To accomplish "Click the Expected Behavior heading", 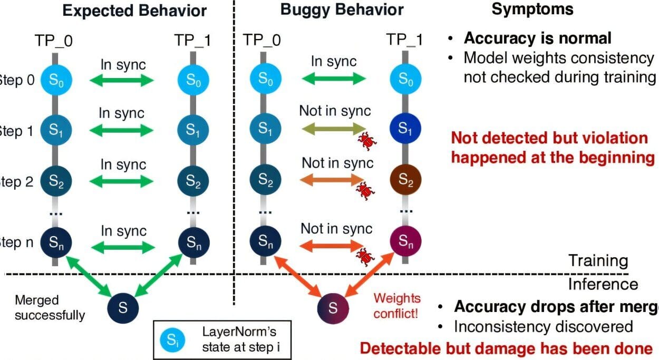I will (x=135, y=10).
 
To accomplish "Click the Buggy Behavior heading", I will (x=342, y=10).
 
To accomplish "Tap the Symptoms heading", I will (x=532, y=9).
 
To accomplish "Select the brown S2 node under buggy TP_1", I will (x=405, y=181).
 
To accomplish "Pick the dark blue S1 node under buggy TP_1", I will (x=405, y=129).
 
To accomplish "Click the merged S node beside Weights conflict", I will (x=333, y=308).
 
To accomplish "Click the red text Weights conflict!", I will (x=396, y=306).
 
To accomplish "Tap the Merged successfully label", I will (x=50, y=308).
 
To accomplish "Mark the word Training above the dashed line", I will (x=597, y=260).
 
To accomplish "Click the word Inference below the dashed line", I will (x=603, y=285).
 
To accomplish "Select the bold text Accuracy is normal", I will (x=537, y=38).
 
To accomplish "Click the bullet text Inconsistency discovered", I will (x=544, y=327).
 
